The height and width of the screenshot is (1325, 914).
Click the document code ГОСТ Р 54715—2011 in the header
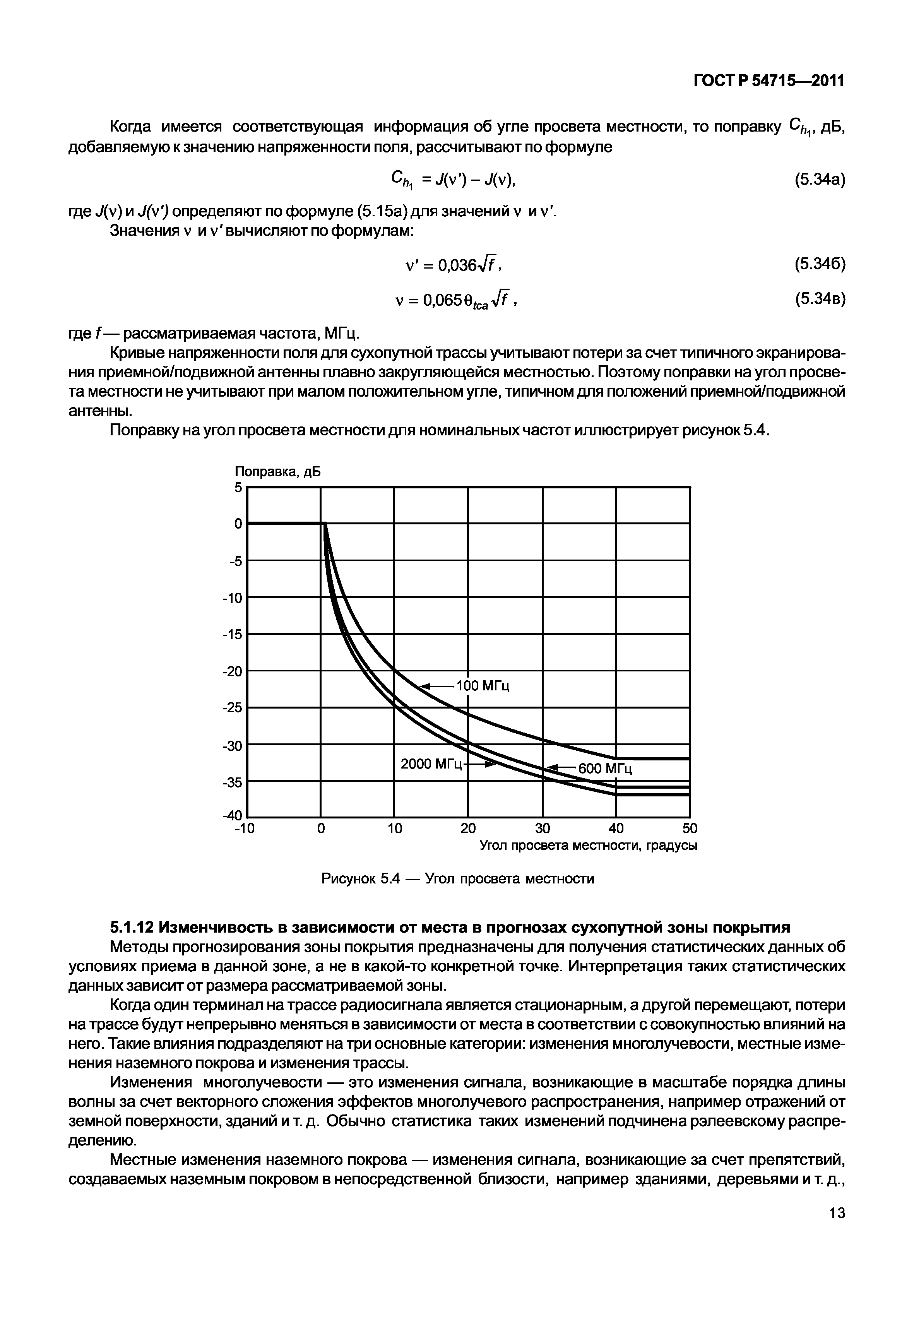(x=769, y=81)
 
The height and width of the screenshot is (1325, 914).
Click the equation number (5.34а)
(x=820, y=180)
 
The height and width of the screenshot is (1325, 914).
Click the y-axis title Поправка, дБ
(x=278, y=471)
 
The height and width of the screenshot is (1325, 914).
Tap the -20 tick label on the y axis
(x=233, y=671)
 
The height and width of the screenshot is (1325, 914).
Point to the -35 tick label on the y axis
(x=233, y=782)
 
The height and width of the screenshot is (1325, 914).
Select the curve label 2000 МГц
(x=431, y=764)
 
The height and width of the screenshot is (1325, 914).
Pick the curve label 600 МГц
(x=605, y=769)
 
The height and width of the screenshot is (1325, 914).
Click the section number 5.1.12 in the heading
(x=131, y=927)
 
